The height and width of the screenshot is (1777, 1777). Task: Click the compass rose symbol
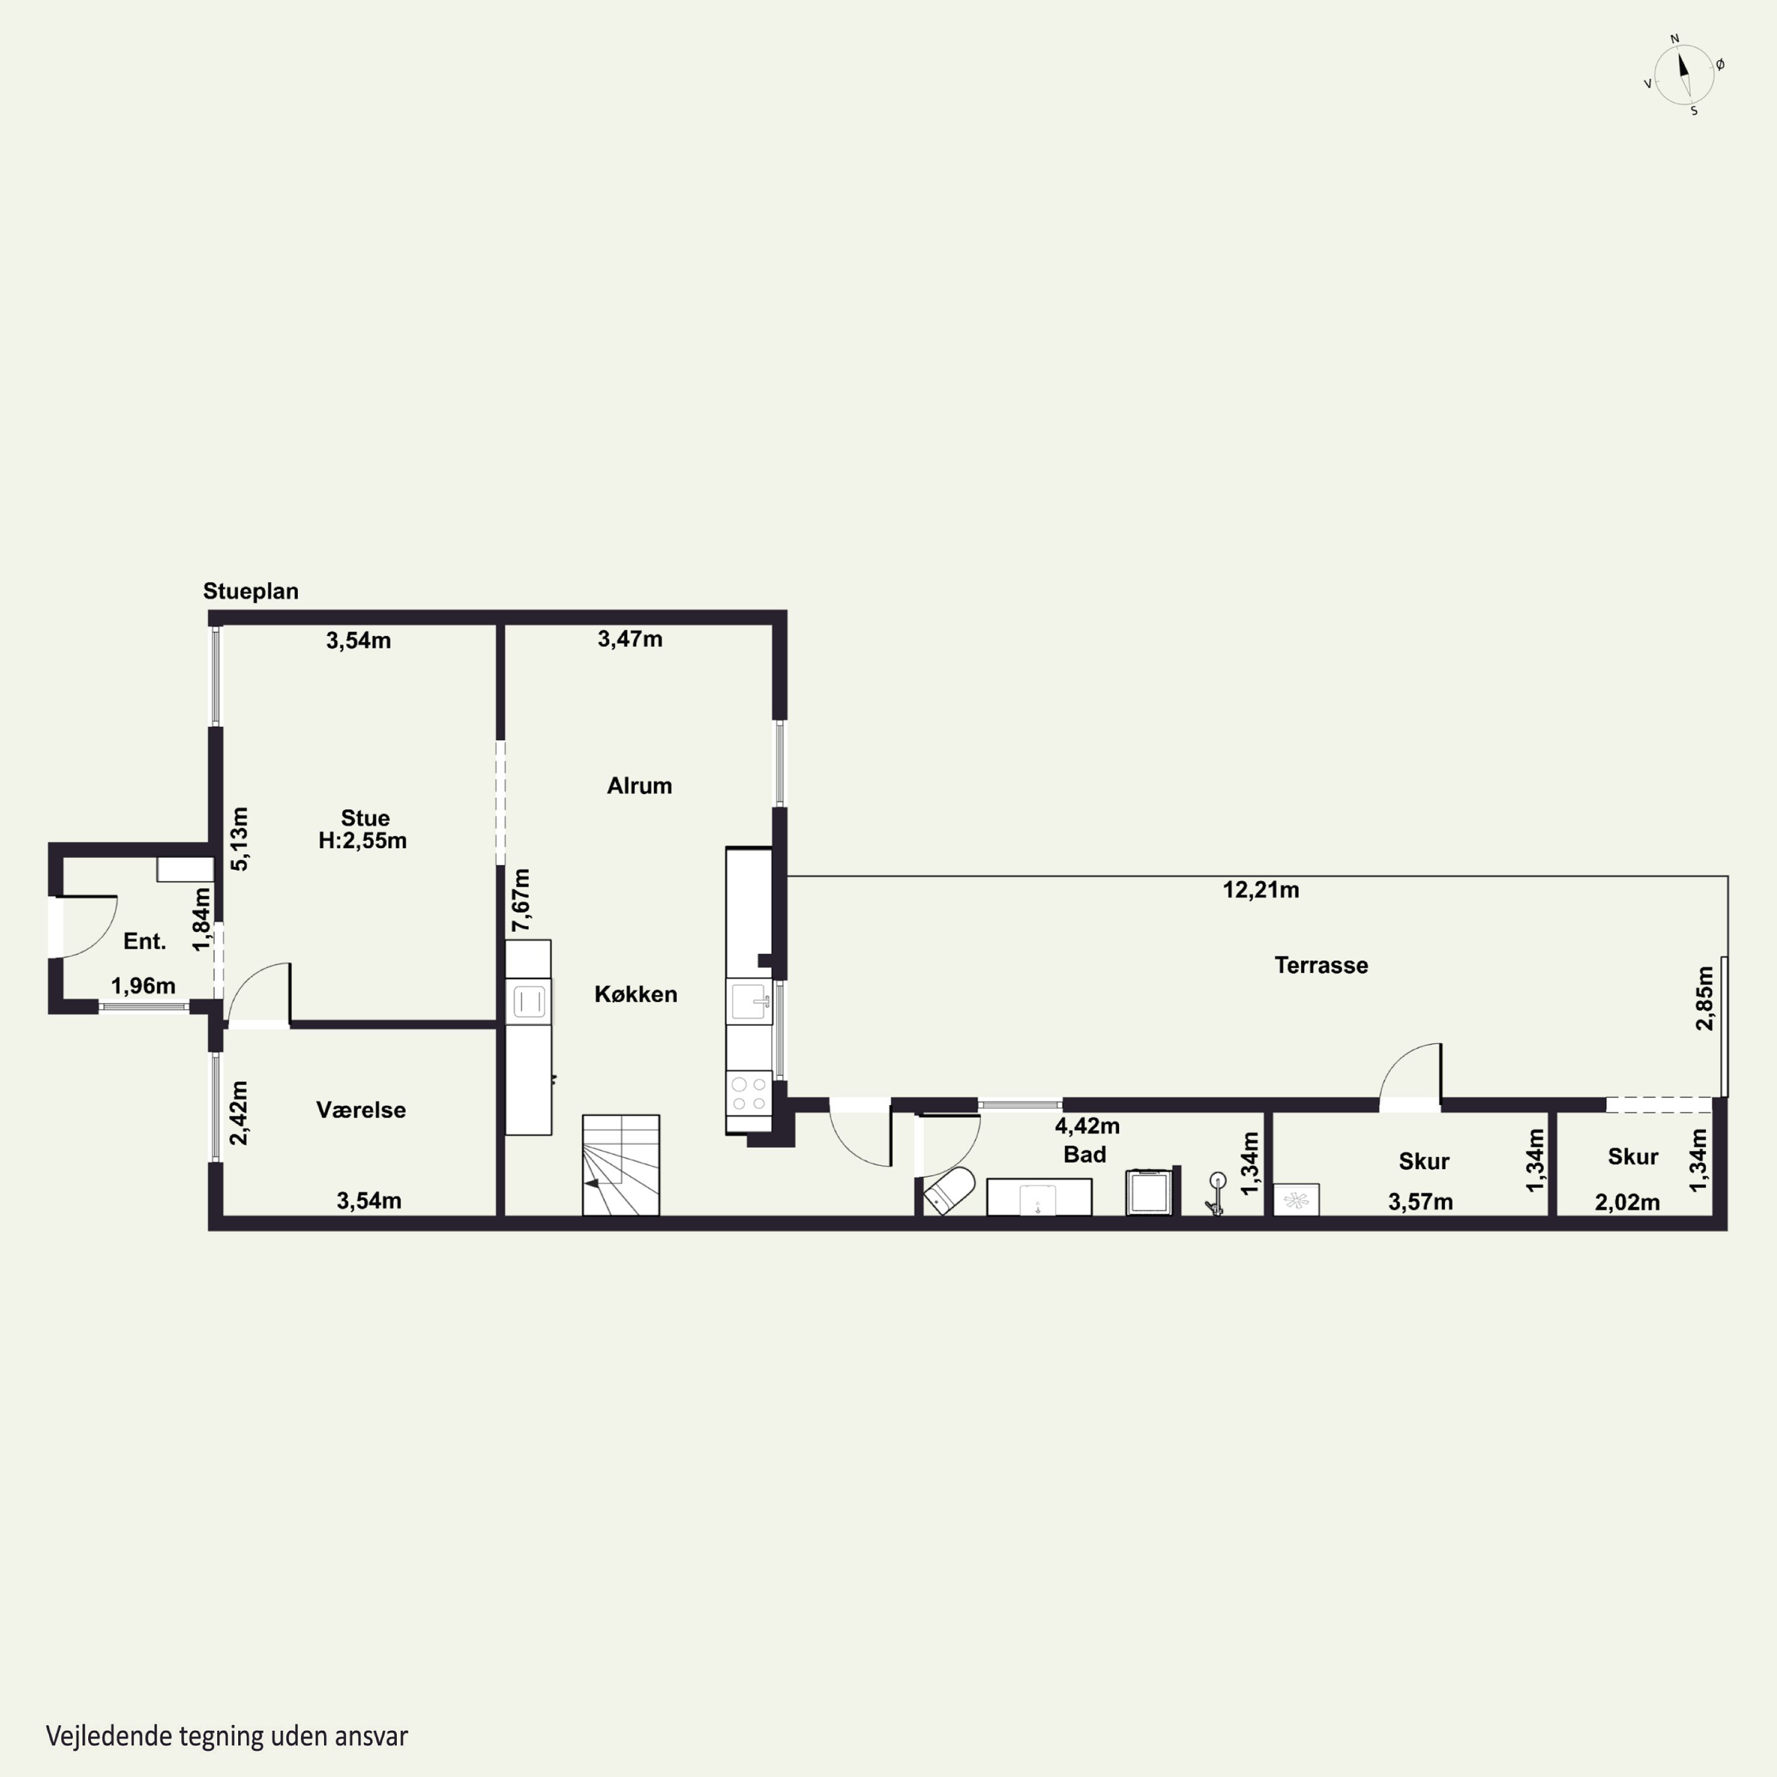pos(1684,75)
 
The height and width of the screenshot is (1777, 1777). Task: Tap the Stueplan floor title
pos(251,591)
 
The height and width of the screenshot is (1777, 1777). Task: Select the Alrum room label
pos(639,785)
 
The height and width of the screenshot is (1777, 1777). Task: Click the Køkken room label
pos(636,995)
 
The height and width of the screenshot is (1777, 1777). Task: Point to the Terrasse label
pos(1321,965)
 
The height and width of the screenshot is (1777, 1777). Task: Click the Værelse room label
pos(361,1110)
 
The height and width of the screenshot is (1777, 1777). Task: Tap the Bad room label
pos(1085,1154)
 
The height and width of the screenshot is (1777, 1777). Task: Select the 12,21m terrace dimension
pos(1260,890)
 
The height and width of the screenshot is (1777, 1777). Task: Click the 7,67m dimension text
pos(521,900)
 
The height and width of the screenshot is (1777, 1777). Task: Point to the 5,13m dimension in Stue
pos(239,839)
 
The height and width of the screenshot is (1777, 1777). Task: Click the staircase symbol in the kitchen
pos(621,1165)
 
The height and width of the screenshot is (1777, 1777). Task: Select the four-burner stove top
pos(749,1093)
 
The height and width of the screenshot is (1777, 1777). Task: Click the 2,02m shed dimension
pos(1627,1202)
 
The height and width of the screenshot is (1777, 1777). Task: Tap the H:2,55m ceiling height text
pos(363,841)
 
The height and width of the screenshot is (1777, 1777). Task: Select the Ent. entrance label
pos(145,941)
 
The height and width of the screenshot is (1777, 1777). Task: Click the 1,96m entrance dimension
pos(143,986)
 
